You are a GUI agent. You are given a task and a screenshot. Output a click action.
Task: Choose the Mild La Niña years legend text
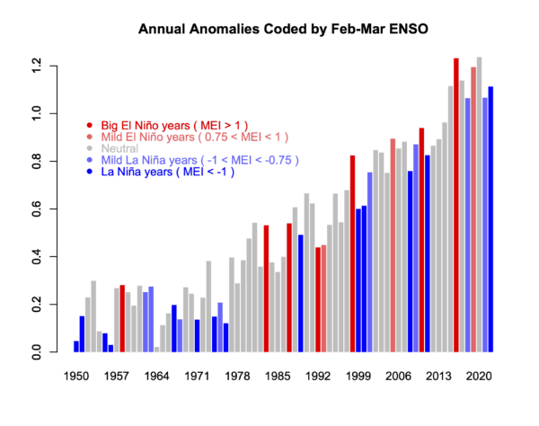[x=190, y=159]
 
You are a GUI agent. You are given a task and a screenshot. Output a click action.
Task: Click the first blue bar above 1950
[x=76, y=346]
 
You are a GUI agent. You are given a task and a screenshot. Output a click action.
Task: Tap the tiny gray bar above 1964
[x=156, y=350]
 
